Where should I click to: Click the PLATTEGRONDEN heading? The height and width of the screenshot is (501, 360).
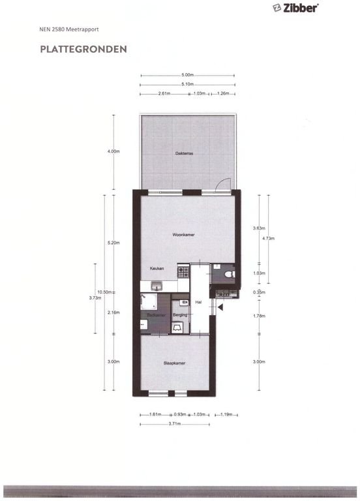pyautogui.click(x=83, y=49)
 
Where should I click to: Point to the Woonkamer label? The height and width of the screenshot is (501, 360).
pyautogui.click(x=184, y=235)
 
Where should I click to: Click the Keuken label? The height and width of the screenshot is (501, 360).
pyautogui.click(x=157, y=269)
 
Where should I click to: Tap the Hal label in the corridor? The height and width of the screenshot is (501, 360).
pyautogui.click(x=198, y=302)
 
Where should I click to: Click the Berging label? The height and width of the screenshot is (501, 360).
pyautogui.click(x=180, y=315)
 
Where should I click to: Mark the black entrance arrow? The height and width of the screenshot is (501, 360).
pyautogui.click(x=220, y=307)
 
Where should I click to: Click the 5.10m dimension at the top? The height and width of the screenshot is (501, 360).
pyautogui.click(x=187, y=83)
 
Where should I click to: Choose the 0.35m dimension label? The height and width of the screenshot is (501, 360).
pyautogui.click(x=259, y=292)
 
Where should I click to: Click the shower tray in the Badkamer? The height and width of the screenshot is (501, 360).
pyautogui.click(x=149, y=302)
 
